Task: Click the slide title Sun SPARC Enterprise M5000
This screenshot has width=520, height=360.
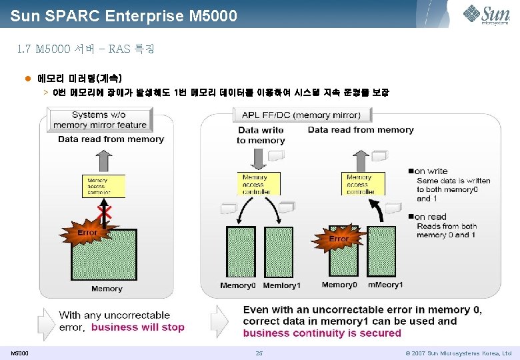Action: coord(123,15)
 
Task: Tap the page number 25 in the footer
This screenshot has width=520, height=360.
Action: coord(259,353)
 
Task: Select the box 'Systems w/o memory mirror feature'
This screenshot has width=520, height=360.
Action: coord(99,120)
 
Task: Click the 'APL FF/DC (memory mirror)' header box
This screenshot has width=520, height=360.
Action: coord(301,115)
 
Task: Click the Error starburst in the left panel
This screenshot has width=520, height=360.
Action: coord(87,233)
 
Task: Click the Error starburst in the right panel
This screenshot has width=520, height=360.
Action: coord(338,238)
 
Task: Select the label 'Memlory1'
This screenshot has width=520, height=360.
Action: coord(281,285)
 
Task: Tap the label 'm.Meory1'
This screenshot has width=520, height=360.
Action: coord(385,285)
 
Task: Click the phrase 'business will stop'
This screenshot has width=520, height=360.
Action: coord(137,327)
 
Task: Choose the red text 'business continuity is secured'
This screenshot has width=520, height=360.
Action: coord(322,333)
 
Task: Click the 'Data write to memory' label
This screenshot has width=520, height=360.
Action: coord(261,135)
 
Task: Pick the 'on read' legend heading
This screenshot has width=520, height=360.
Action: coord(431,217)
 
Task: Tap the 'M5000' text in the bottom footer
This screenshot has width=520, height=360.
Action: coord(19,353)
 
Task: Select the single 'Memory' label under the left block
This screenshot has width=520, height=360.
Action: coord(107,289)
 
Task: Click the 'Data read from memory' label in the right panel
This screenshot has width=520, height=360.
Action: coord(361,130)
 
